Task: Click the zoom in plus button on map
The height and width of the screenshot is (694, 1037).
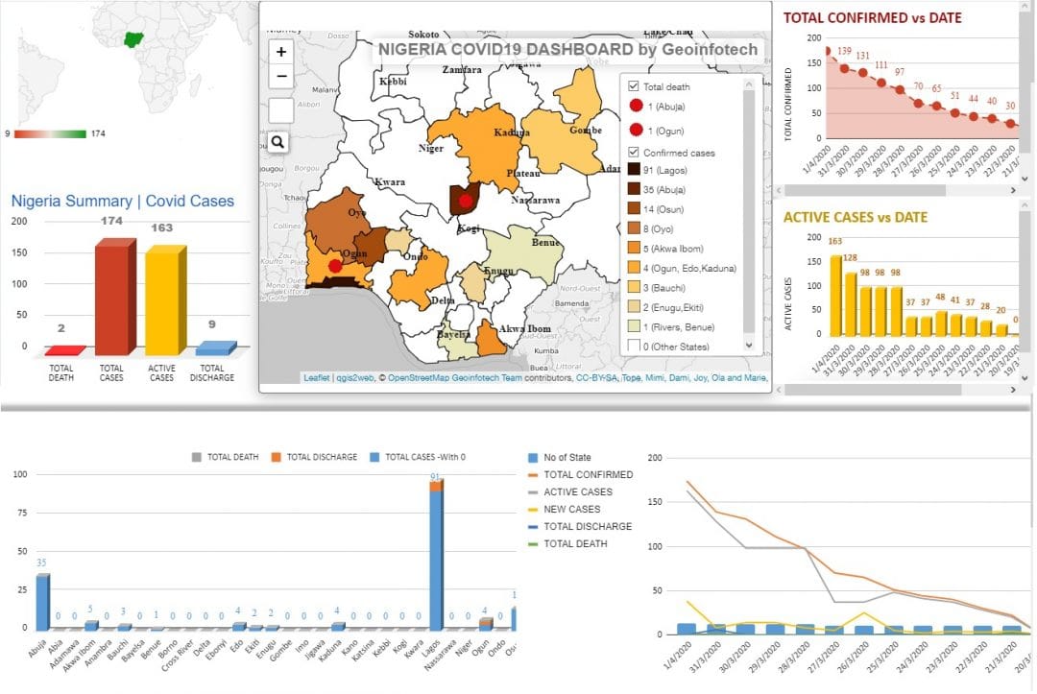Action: pyautogui.click(x=281, y=52)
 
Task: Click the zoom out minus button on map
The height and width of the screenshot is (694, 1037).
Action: pyautogui.click(x=281, y=77)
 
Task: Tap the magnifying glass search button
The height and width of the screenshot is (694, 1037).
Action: pyautogui.click(x=277, y=142)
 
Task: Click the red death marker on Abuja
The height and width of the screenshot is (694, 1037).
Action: pyautogui.click(x=466, y=201)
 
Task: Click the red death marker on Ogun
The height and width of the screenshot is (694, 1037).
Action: pyautogui.click(x=334, y=266)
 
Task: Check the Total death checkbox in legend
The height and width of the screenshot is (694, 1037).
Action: pyautogui.click(x=633, y=86)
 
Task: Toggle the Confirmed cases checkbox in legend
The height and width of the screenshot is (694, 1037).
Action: pyautogui.click(x=633, y=153)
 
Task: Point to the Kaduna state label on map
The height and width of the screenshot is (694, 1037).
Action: pyautogui.click(x=512, y=133)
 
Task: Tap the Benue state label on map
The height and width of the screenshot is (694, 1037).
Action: pyautogui.click(x=545, y=243)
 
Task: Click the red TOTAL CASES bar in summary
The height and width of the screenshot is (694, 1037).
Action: pyautogui.click(x=111, y=298)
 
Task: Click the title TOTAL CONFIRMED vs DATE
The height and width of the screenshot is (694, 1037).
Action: pyautogui.click(x=872, y=17)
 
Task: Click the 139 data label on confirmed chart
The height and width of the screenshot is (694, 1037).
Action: pyautogui.click(x=844, y=51)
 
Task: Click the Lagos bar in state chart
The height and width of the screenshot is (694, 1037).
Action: pyautogui.click(x=436, y=557)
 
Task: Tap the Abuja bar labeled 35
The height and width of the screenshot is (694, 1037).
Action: pyautogui.click(x=41, y=601)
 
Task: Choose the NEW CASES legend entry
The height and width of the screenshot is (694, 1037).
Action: pyautogui.click(x=571, y=509)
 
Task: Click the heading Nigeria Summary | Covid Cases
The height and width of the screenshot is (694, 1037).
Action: pyautogui.click(x=122, y=202)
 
